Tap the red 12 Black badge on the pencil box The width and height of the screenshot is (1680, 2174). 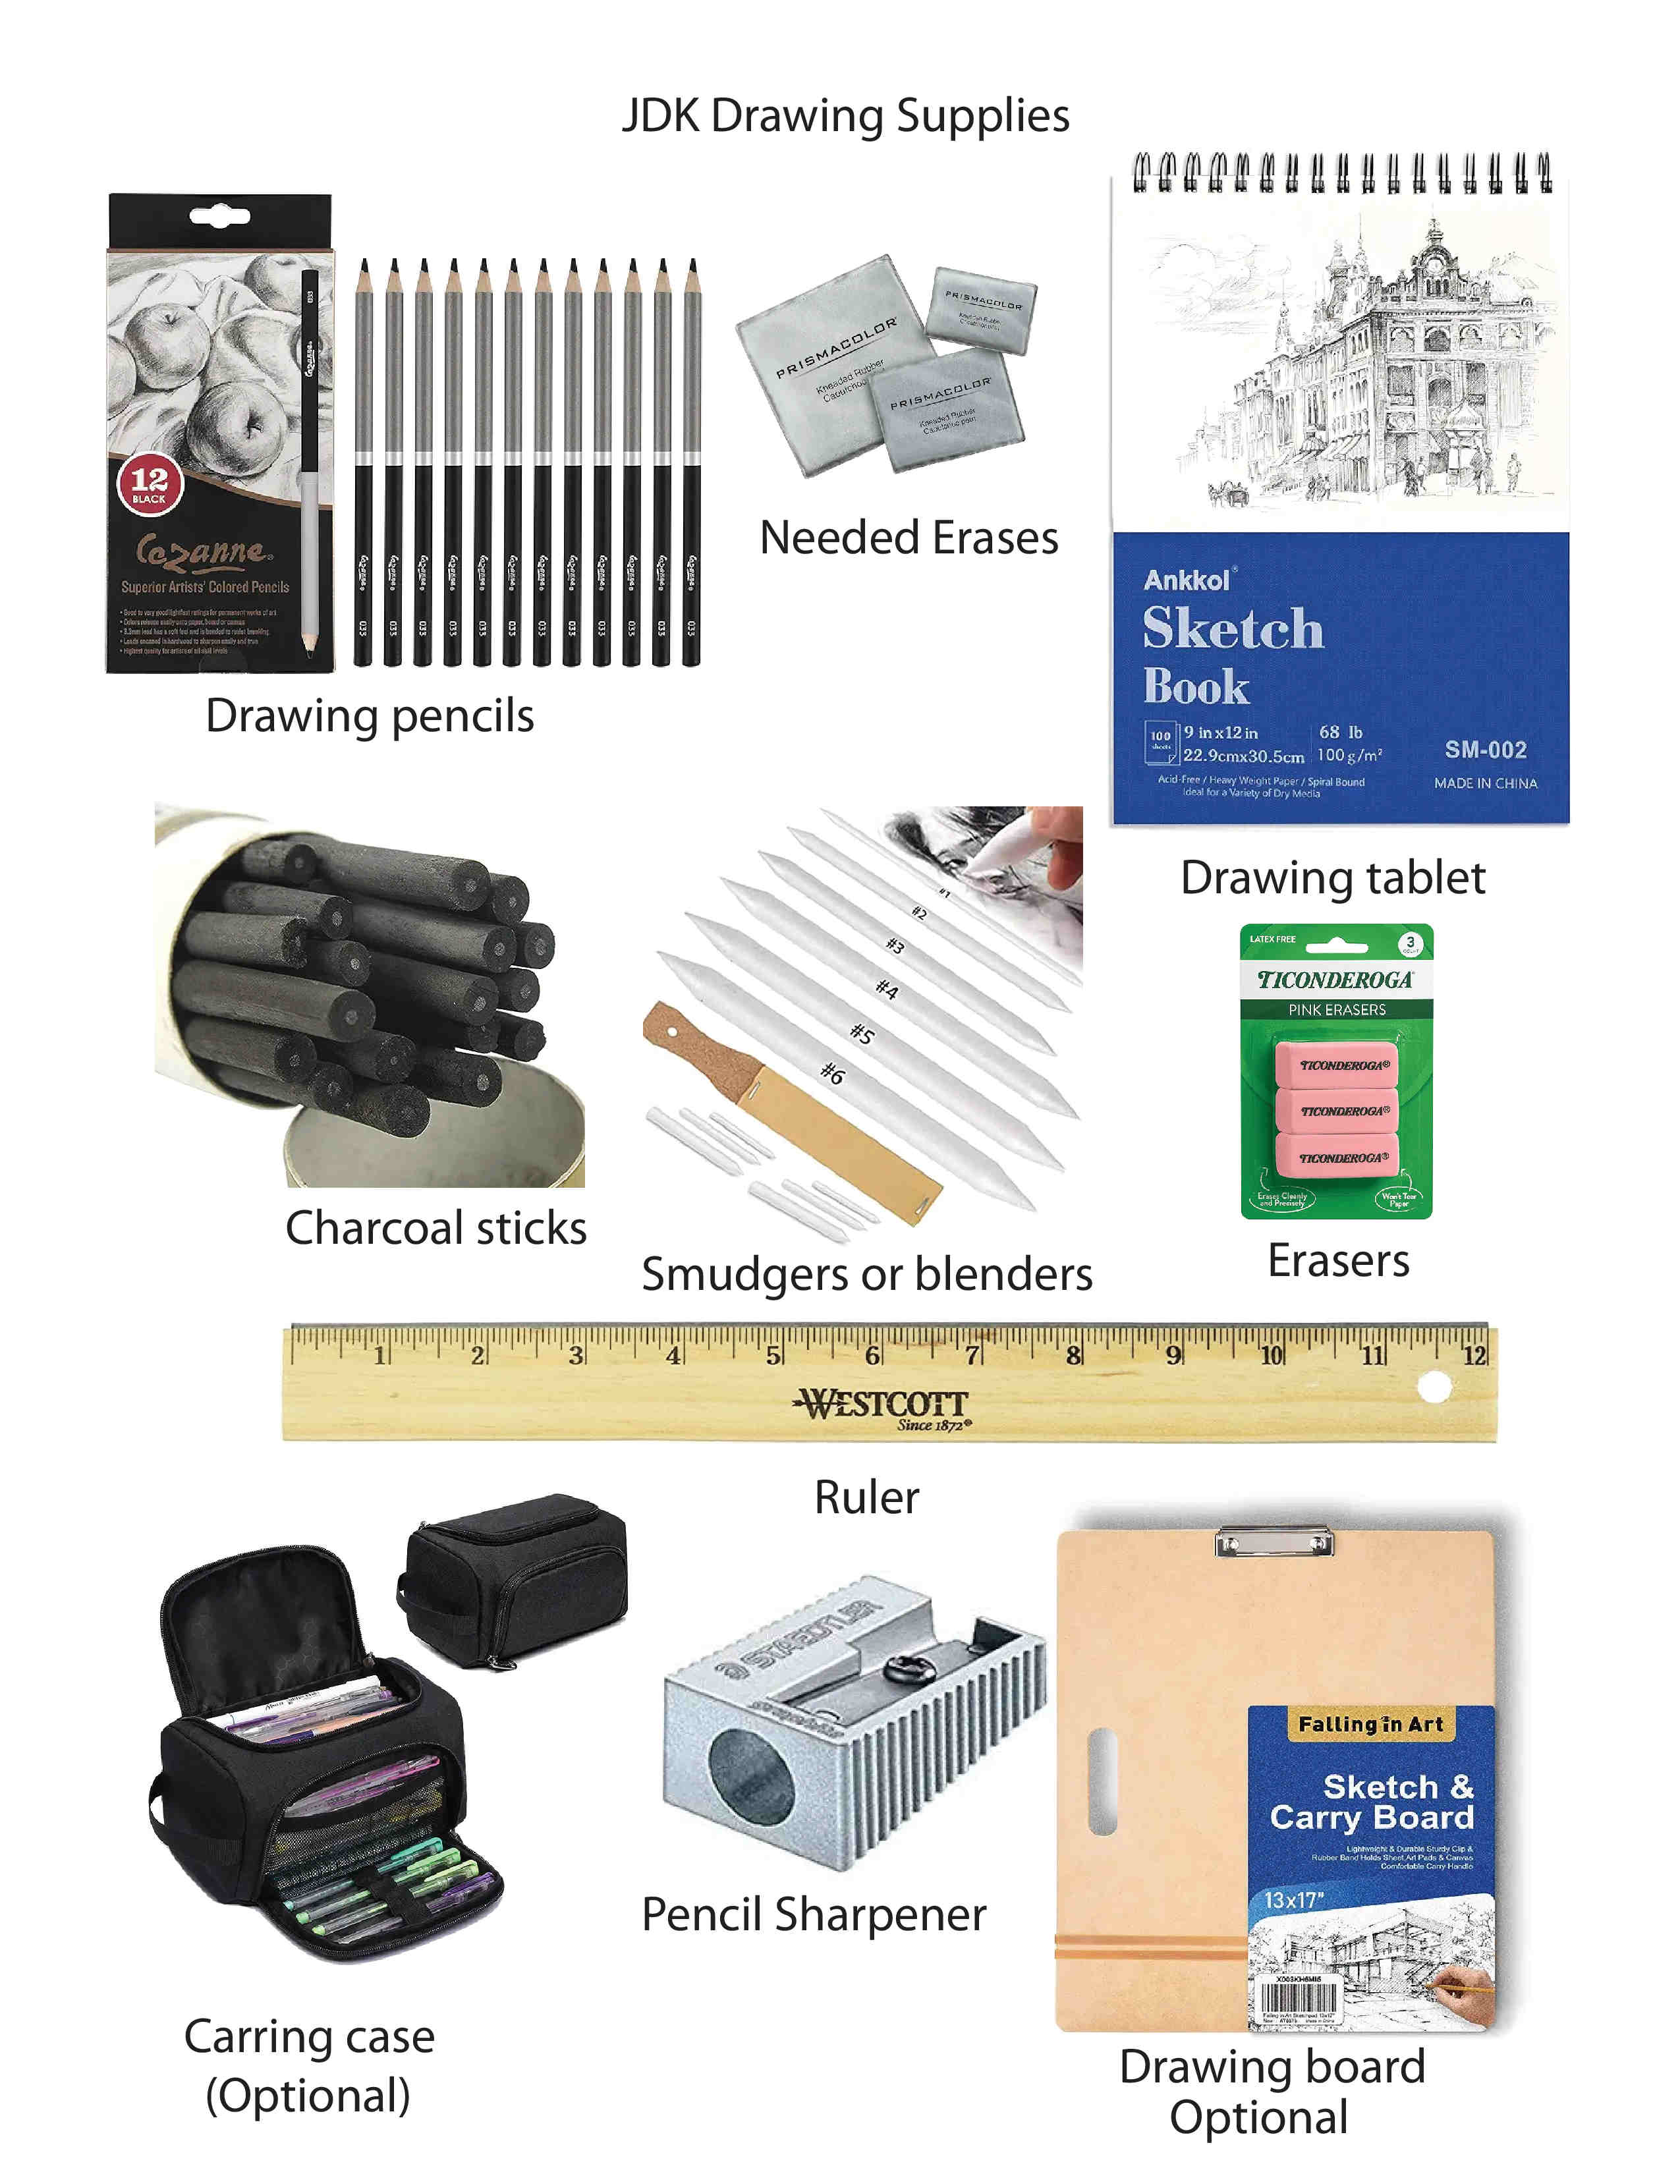coord(150,484)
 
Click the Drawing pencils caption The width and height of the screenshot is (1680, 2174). coord(369,715)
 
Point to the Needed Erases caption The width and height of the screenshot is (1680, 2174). coord(908,538)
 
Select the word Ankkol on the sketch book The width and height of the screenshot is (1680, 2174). coord(1187,580)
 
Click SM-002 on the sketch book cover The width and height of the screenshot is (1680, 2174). coord(1485,750)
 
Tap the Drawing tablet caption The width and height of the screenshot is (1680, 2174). coord(1333,878)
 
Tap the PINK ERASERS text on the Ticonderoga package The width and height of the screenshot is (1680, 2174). coord(1337,1009)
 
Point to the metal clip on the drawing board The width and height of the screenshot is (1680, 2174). coord(1275,1542)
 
